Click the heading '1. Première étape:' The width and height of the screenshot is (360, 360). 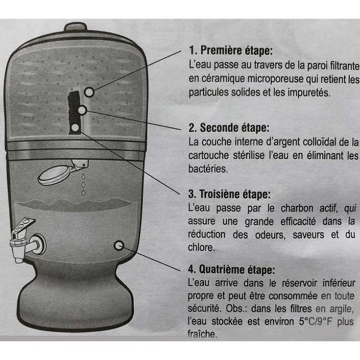(x=231, y=50)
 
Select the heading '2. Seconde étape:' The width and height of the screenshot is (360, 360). (x=229, y=128)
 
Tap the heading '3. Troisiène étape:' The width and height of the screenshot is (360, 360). (x=229, y=194)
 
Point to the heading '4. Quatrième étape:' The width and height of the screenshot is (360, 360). (x=231, y=269)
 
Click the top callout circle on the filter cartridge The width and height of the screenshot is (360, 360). (x=89, y=92)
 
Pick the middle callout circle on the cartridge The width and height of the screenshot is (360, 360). (x=82, y=110)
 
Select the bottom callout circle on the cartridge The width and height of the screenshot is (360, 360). (x=75, y=128)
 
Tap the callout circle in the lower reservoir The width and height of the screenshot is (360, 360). (x=119, y=246)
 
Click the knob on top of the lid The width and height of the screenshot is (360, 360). (x=76, y=27)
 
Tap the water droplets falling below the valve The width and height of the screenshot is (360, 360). (x=83, y=184)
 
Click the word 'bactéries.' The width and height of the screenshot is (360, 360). (x=208, y=169)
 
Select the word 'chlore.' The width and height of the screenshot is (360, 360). (x=201, y=247)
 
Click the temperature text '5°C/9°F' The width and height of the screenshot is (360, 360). (x=315, y=322)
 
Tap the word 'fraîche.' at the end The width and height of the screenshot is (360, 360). (x=202, y=334)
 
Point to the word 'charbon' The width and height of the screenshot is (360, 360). (x=297, y=208)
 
